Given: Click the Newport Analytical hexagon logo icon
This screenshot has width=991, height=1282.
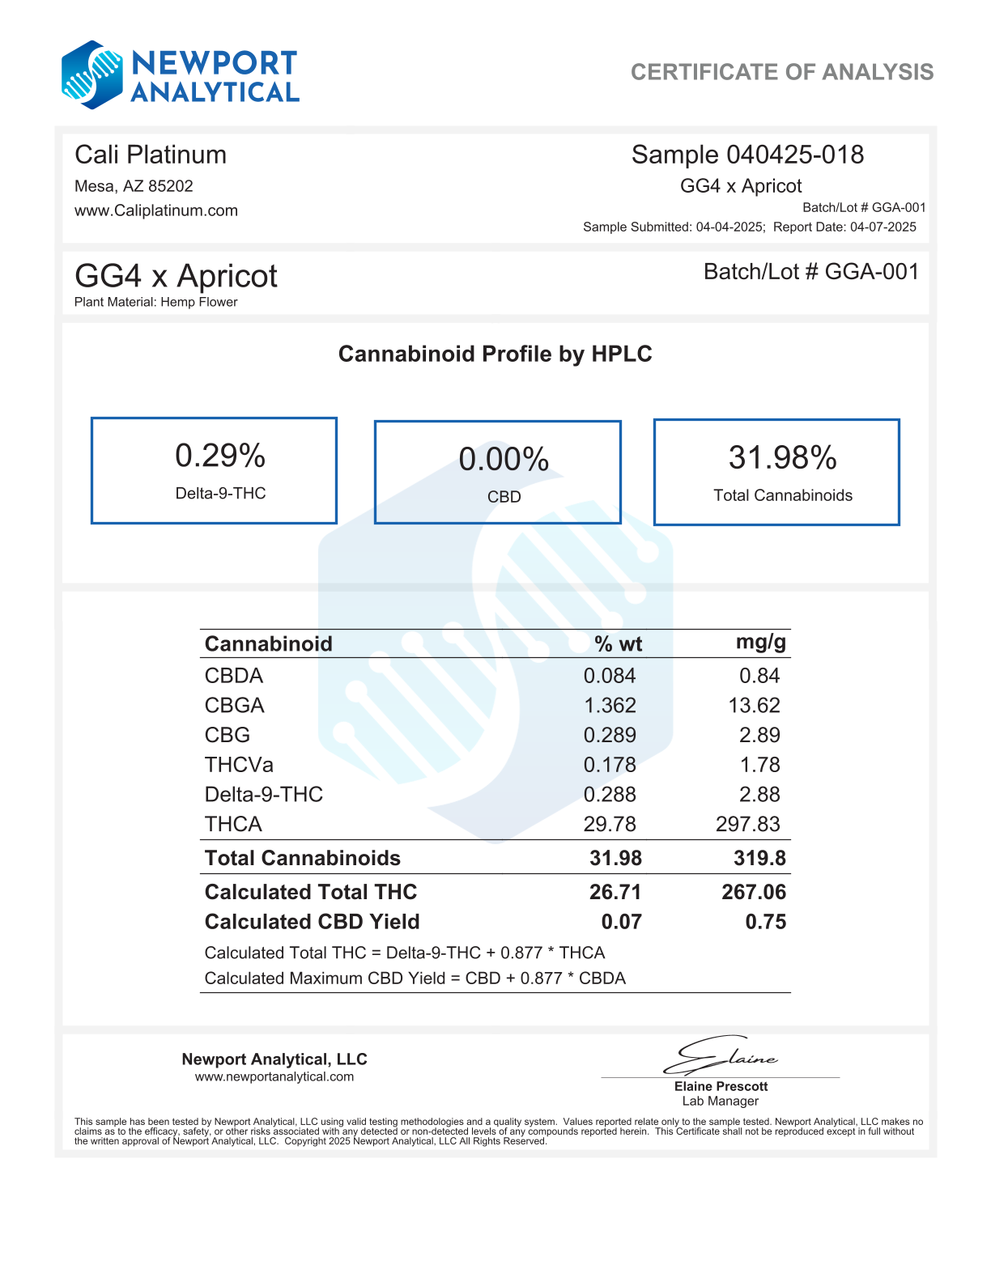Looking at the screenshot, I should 92,75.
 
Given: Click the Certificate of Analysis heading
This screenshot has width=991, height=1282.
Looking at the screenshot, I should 781,72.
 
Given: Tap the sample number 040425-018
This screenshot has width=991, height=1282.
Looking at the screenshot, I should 794,155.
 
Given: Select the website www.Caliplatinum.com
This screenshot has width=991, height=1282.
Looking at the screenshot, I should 156,210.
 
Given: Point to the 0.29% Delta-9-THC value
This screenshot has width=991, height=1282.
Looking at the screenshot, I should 220,456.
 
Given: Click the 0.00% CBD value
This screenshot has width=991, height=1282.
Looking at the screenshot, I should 504,460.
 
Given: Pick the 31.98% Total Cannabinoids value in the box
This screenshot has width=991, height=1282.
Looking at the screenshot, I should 782,458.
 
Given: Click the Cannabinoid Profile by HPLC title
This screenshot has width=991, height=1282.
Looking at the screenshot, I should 495,354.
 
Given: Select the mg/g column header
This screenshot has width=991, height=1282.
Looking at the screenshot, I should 760,643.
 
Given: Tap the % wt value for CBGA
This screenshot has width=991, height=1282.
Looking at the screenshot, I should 610,705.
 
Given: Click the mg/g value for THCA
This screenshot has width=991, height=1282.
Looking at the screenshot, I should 747,824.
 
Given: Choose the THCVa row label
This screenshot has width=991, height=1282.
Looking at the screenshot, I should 239,765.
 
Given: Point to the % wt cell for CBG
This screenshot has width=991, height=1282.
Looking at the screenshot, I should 610,735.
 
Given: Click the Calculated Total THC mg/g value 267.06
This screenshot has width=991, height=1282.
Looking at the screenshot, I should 753,892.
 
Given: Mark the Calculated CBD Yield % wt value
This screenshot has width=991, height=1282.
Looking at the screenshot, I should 621,922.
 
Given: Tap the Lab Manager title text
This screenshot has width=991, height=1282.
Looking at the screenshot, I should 720,1101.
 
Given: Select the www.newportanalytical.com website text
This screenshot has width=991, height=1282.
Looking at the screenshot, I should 274,1076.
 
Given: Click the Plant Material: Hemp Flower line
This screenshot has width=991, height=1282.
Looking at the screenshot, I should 156,302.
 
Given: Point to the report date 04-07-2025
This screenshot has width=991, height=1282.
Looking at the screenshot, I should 883,227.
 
